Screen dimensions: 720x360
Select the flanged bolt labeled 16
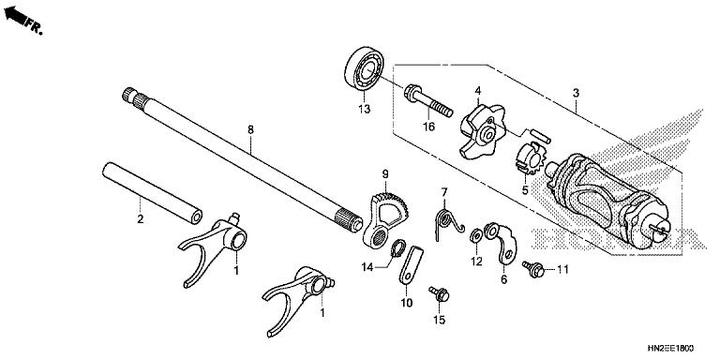pyautogui.click(x=428, y=100)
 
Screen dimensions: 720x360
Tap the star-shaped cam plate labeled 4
pyautogui.click(x=483, y=131)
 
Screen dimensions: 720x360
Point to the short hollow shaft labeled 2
pyautogui.click(x=152, y=193)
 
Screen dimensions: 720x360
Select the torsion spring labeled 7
pyautogui.click(x=448, y=223)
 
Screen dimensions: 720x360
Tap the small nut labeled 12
pyautogui.click(x=476, y=236)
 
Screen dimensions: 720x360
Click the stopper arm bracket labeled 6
pyautogui.click(x=502, y=243)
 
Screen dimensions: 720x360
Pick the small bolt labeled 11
pyautogui.click(x=533, y=269)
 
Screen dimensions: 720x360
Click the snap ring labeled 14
pyautogui.click(x=397, y=248)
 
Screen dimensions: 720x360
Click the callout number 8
pyautogui.click(x=250, y=130)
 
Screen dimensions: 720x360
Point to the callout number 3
pyautogui.click(x=576, y=93)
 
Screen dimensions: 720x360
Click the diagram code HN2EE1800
pyautogui.click(x=670, y=349)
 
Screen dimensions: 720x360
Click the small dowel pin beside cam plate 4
pyautogui.click(x=540, y=136)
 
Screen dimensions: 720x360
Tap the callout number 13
pyautogui.click(x=364, y=110)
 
